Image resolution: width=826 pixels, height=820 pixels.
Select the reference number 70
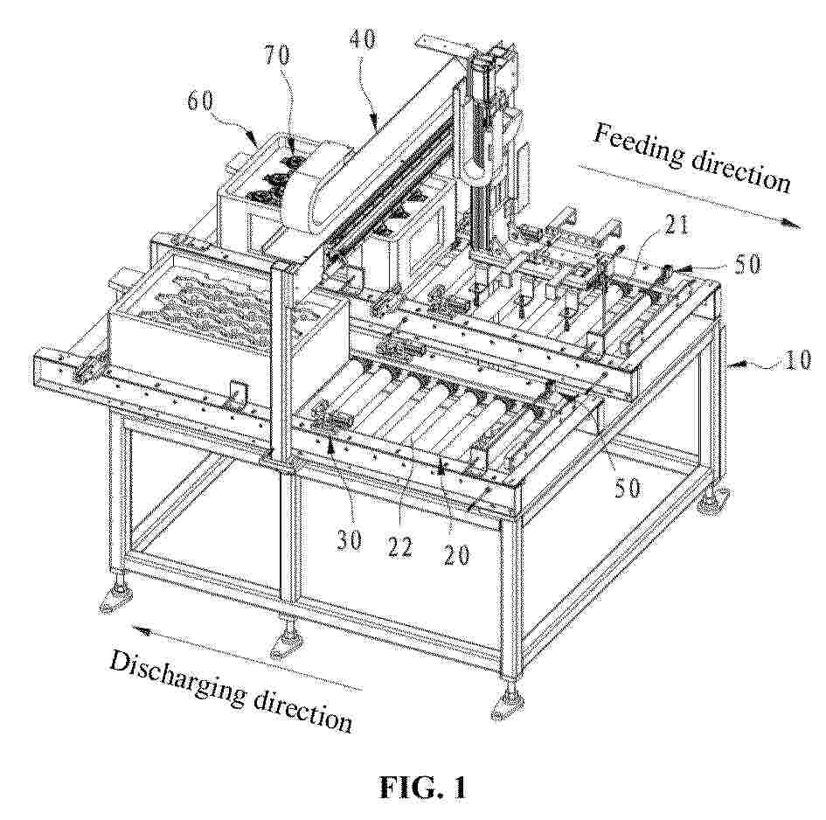277,55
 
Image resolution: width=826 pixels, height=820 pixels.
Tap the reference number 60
201,101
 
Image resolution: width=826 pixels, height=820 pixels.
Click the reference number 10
797,360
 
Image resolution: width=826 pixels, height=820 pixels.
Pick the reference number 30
349,539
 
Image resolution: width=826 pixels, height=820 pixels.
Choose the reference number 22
399,548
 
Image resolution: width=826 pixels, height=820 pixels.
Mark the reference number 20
456,554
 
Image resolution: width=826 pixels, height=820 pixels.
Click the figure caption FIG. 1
423,788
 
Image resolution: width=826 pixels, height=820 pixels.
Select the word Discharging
177,680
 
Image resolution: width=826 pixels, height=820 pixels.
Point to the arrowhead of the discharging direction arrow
140,629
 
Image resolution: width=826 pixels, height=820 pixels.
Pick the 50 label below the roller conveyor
627,488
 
